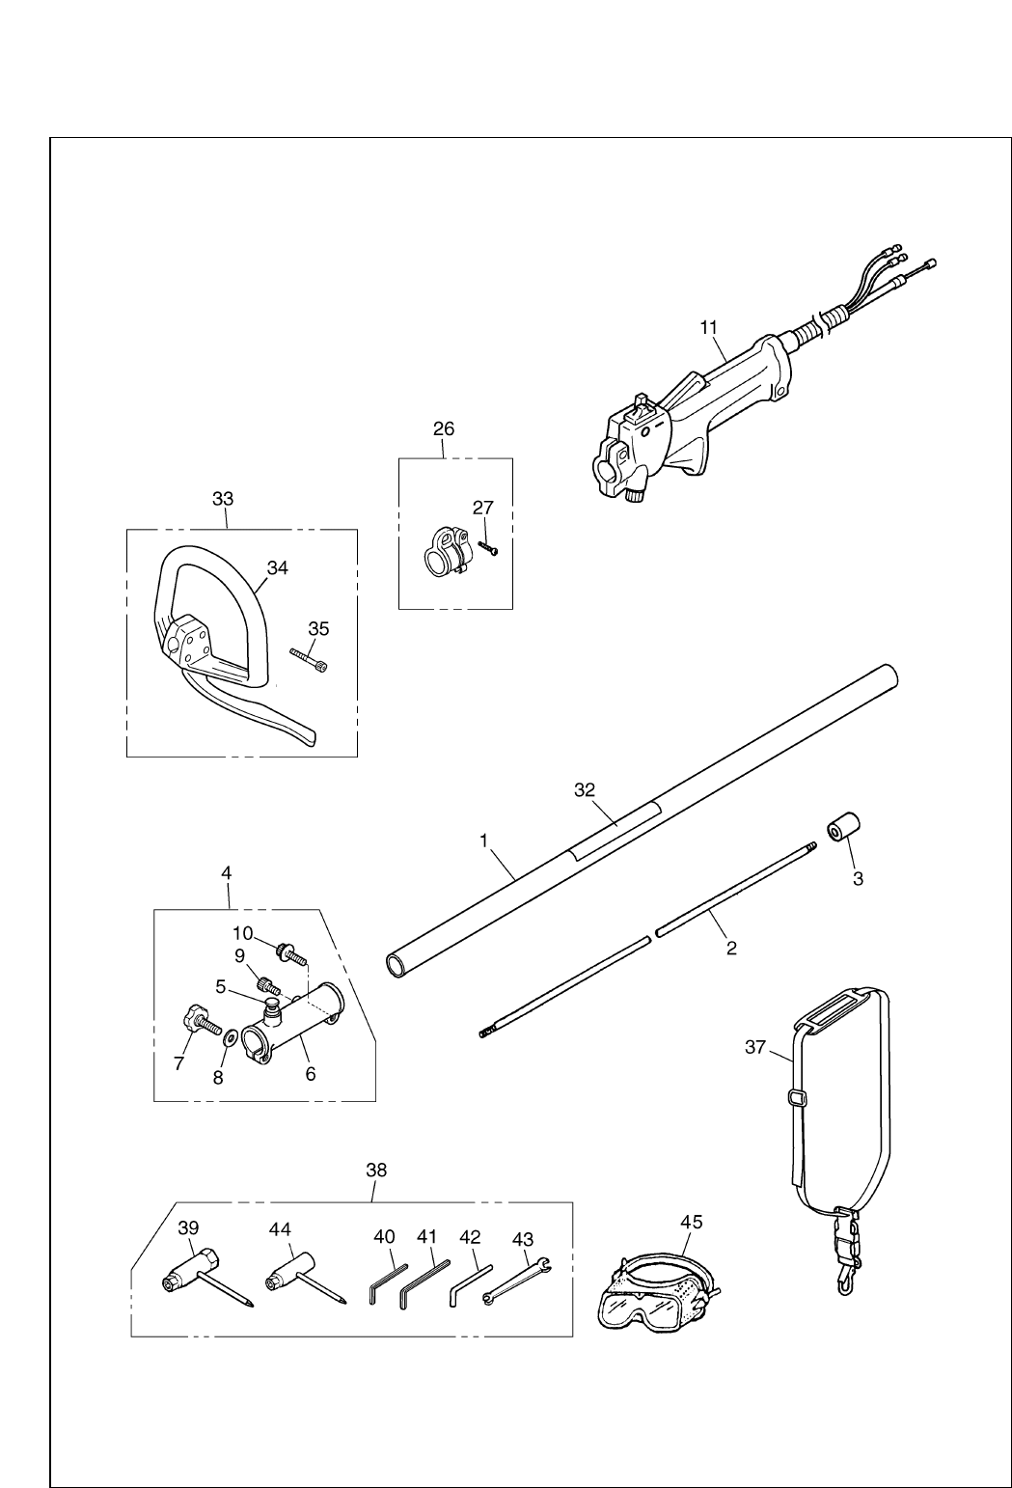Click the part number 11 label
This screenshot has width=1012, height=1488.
click(709, 327)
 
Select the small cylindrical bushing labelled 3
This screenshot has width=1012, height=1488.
click(840, 829)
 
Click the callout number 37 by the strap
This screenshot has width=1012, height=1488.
click(756, 1046)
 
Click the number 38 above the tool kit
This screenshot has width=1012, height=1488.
click(376, 1170)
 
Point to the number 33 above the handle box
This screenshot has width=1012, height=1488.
click(223, 499)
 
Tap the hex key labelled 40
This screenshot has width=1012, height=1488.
click(385, 1284)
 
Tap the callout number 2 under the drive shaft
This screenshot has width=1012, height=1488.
click(731, 949)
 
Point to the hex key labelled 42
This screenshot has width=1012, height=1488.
click(469, 1285)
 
